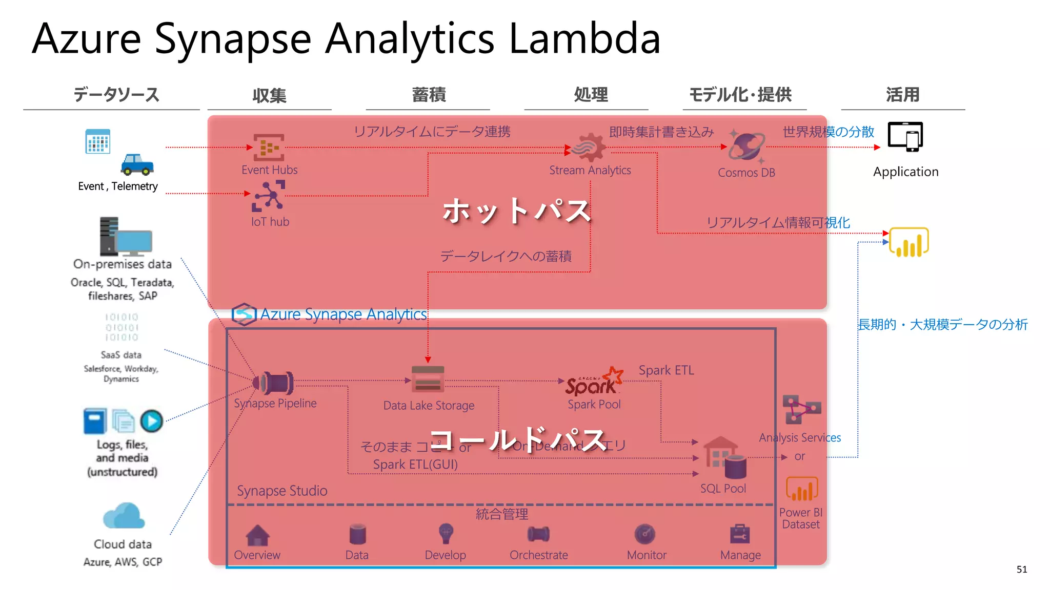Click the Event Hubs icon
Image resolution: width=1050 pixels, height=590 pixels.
coord(269,147)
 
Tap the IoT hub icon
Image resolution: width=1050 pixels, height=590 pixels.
coord(269,196)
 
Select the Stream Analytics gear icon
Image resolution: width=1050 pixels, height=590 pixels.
coord(590,147)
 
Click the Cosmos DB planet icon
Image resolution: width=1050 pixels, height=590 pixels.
coord(746,147)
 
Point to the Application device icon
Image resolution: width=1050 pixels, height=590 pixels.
coord(905,137)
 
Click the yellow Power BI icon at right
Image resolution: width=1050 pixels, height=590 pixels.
coord(909,243)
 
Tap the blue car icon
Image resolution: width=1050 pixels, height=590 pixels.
coord(137,164)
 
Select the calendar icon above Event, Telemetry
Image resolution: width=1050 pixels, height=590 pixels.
coord(97,141)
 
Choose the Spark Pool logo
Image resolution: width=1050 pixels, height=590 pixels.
coord(594,382)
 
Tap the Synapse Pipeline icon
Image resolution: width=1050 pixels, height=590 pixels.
coord(274,383)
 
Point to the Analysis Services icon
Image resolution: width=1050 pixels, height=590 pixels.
coord(801,409)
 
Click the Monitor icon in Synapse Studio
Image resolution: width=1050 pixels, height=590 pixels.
coord(644,534)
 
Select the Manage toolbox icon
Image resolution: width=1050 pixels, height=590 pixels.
coord(739,534)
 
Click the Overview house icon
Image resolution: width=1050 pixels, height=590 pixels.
coord(257,535)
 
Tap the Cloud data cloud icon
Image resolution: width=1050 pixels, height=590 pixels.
coord(124,516)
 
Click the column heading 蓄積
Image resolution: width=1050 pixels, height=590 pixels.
coord(429,95)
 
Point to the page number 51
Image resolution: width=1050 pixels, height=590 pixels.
coord(1021,570)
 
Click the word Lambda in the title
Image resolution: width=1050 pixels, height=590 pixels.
coord(584,39)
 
